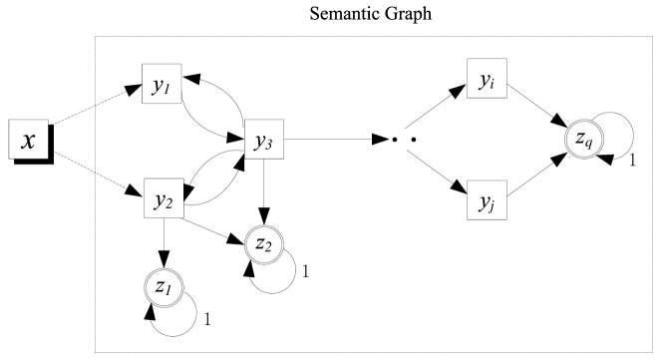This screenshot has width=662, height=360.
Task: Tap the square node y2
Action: coord(163,199)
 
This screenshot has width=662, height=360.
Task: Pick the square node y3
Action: coord(263,142)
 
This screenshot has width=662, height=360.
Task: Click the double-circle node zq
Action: coord(583,142)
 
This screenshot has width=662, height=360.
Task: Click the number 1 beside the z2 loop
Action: coord(305,271)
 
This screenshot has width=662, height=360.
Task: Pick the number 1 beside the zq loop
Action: coord(632,161)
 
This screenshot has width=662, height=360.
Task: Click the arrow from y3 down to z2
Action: coord(263,189)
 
